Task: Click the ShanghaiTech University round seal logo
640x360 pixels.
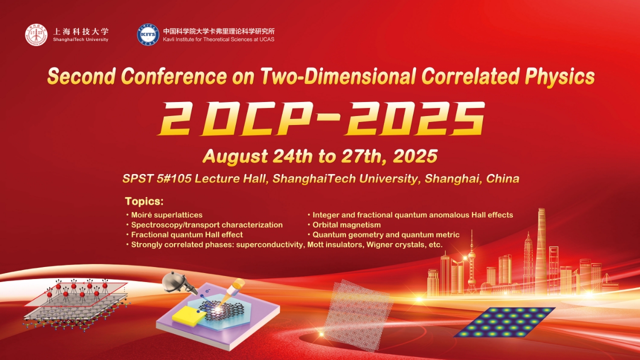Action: point(36,35)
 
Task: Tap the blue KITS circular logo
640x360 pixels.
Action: point(148,34)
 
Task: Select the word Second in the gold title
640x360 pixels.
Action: point(81,76)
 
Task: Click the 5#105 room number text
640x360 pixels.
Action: point(174,178)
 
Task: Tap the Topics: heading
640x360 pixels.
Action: point(144,201)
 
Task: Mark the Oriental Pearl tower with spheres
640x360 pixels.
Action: point(471,262)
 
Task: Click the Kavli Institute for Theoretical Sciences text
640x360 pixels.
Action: point(218,39)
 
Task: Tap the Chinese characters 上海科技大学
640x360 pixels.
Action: point(81,31)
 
